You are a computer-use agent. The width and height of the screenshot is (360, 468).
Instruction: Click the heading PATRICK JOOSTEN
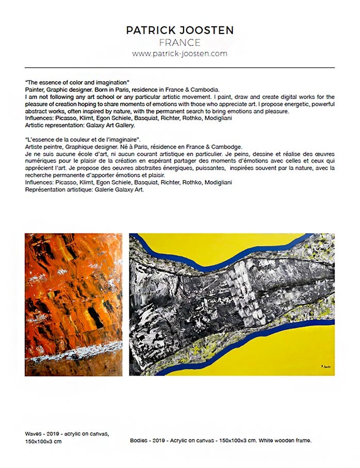(179, 30)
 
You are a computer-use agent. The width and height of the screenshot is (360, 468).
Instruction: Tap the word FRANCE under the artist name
(179, 42)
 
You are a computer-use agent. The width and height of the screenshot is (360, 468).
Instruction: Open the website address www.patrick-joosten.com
(179, 53)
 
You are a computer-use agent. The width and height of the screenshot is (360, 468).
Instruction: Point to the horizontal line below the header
(179, 68)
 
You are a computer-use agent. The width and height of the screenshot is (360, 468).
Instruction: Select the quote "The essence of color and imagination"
(77, 83)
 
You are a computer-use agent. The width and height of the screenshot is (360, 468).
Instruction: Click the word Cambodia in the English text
(204, 90)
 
